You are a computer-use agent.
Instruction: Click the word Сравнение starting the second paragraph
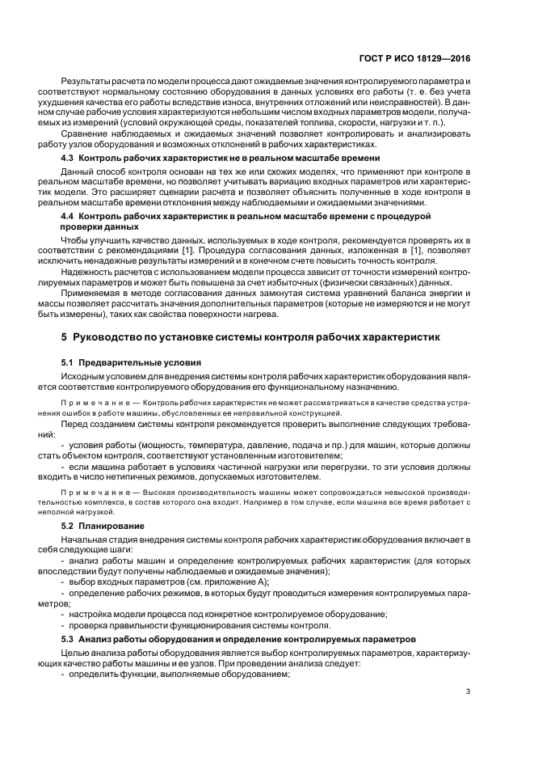point(84,133)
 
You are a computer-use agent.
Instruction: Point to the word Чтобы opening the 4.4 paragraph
point(75,241)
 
